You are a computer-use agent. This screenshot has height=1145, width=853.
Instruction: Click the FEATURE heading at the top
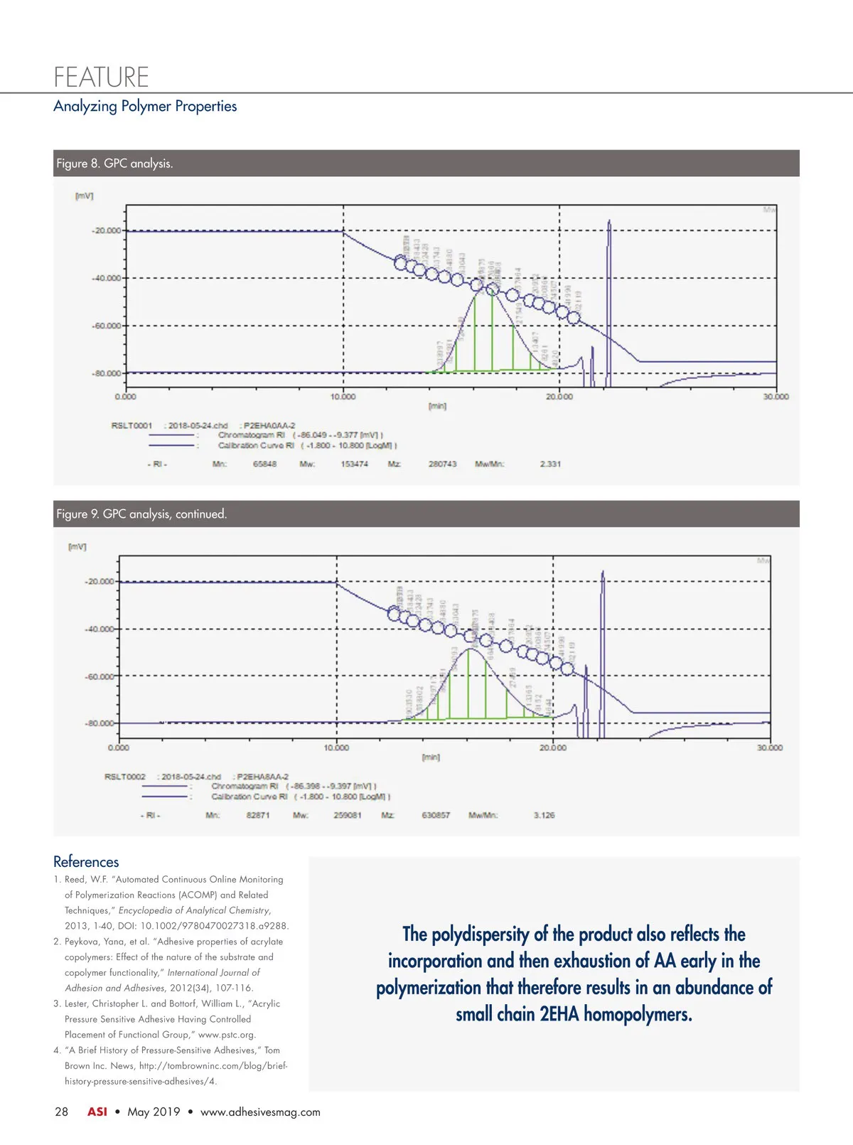click(101, 76)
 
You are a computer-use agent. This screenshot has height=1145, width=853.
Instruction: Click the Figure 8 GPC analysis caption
click(114, 164)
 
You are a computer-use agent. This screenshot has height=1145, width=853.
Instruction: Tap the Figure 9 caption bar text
click(141, 514)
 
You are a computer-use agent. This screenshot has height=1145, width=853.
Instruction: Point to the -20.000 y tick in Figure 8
click(107, 230)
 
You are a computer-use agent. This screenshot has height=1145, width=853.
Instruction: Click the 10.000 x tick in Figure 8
click(343, 397)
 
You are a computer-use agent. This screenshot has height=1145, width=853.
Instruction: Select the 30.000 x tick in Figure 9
click(769, 748)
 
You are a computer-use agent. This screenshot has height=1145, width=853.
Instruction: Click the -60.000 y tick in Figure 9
click(100, 676)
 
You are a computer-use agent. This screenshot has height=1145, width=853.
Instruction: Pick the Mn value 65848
click(265, 464)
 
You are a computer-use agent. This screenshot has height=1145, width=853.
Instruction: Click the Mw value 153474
click(354, 464)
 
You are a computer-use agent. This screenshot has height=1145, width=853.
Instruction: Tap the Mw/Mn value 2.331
click(550, 464)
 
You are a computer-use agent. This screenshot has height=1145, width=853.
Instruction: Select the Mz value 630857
click(436, 815)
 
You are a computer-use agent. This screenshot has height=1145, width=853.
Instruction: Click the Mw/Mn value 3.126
click(544, 815)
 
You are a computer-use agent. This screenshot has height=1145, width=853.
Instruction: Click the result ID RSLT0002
click(125, 777)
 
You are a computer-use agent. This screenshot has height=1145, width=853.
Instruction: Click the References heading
click(86, 862)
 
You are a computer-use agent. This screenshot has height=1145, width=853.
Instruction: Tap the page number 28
click(62, 1112)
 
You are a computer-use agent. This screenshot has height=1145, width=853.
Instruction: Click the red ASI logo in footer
click(97, 1112)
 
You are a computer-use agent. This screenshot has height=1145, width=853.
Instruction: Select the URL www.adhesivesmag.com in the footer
click(260, 1112)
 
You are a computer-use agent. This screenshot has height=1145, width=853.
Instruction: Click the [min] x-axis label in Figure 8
click(437, 406)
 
